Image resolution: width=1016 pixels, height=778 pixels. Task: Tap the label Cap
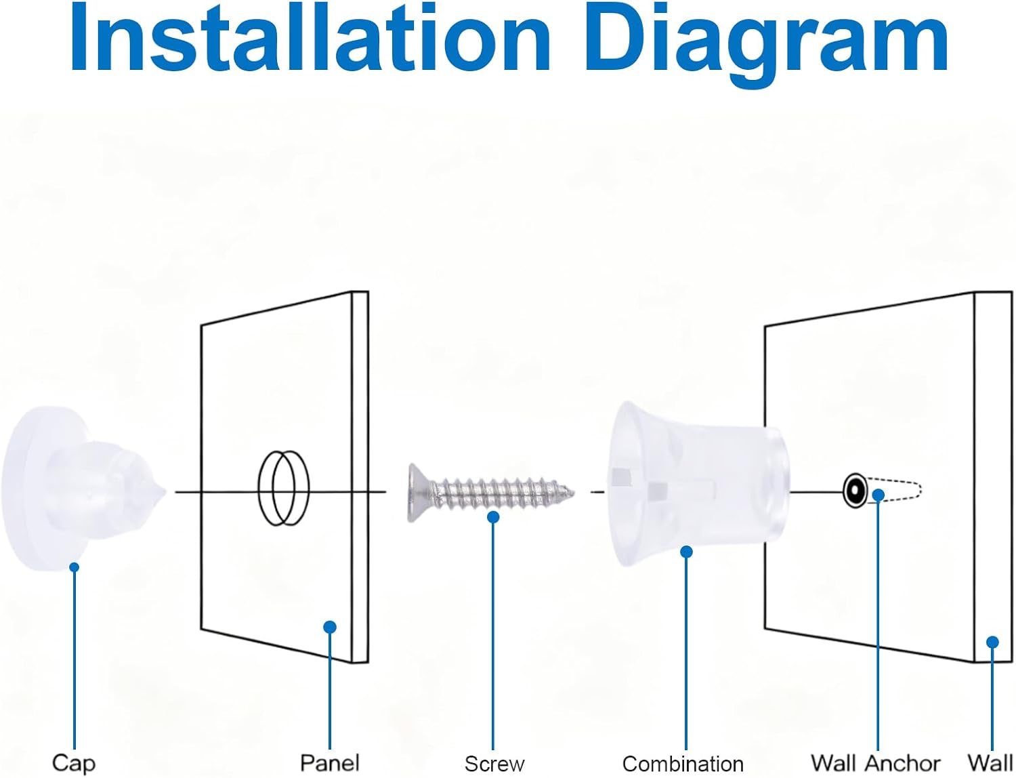pyautogui.click(x=73, y=762)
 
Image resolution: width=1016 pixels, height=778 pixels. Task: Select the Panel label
pyautogui.click(x=330, y=762)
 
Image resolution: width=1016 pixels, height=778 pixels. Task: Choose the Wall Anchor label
pyautogui.click(x=876, y=762)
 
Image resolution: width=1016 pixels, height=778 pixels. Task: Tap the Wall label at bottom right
pyautogui.click(x=990, y=762)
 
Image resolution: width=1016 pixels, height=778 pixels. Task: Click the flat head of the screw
pyautogui.click(x=419, y=493)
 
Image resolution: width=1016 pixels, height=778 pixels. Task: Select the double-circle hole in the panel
pyautogui.click(x=283, y=488)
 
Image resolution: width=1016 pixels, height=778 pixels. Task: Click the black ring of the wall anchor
pyautogui.click(x=855, y=491)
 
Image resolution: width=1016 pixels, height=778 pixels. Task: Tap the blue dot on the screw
pyautogui.click(x=493, y=517)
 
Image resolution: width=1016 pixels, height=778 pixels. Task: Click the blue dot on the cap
pyautogui.click(x=74, y=567)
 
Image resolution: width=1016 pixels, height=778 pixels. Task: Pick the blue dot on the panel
pyautogui.click(x=330, y=627)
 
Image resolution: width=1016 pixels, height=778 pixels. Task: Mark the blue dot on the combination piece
pyautogui.click(x=686, y=552)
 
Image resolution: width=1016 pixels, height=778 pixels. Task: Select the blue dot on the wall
pyautogui.click(x=992, y=642)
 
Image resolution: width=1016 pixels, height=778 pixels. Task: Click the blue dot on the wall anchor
pyautogui.click(x=879, y=495)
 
